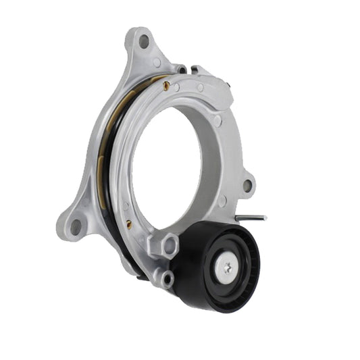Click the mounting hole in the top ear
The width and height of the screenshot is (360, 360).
click(x=144, y=41)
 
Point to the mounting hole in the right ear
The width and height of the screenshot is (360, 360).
click(x=247, y=184)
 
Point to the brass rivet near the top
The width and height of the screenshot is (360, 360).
click(x=165, y=85)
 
